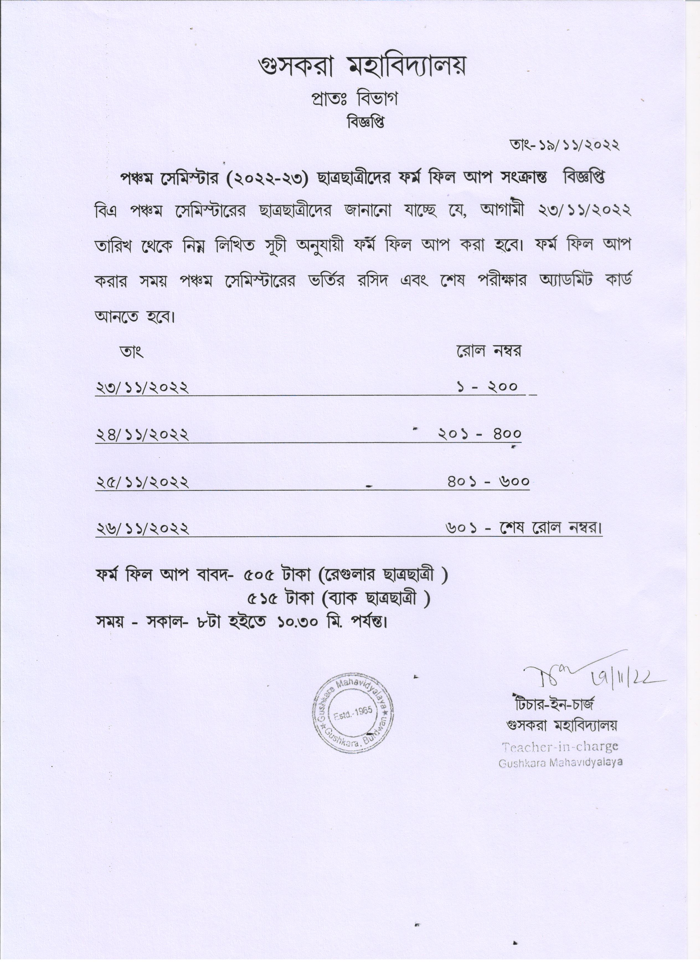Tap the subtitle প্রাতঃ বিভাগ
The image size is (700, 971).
click(354, 99)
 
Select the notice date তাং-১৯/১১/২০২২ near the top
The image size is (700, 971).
click(564, 146)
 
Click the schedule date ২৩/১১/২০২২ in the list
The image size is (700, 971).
click(142, 387)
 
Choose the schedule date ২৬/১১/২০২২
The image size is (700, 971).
click(142, 529)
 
